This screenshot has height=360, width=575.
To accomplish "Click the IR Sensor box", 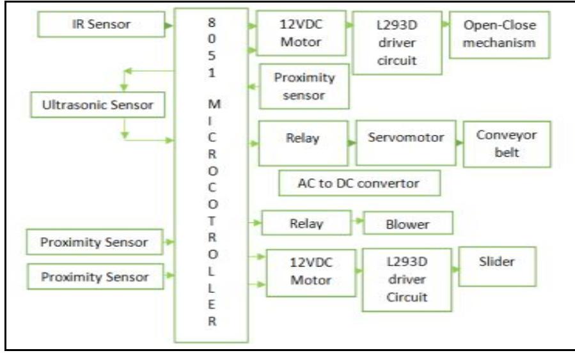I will [100, 25].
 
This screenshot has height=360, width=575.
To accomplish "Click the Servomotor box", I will [406, 138].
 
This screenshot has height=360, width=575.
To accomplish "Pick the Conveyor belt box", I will [507, 145].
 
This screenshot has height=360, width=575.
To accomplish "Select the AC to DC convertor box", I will [359, 183].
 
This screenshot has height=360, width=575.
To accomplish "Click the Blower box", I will [408, 224].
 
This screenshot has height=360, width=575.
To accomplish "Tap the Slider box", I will [498, 262].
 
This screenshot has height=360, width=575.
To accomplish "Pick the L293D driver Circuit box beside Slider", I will [402, 280].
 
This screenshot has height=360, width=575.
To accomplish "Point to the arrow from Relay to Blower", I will [357, 224].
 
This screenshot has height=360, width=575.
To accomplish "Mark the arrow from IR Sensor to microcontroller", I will [168, 26].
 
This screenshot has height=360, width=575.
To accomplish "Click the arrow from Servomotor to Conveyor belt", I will [459, 143].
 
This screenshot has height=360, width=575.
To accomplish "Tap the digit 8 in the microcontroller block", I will [212, 20].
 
